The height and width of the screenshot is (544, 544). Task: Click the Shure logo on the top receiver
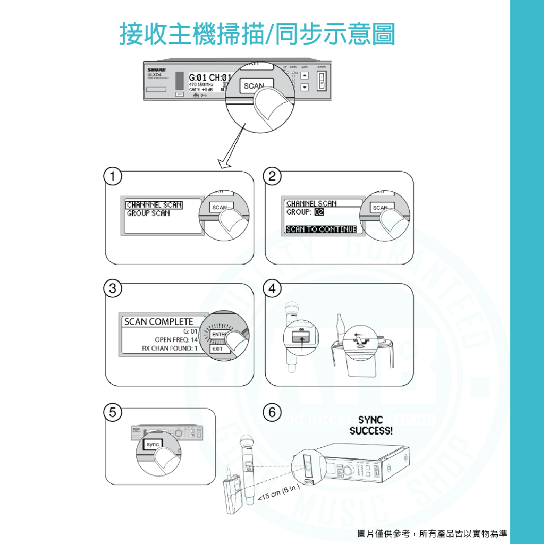tap(155, 70)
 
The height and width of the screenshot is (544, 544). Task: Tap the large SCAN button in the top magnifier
tap(254, 86)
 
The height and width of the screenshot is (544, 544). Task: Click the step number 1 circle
tap(112, 176)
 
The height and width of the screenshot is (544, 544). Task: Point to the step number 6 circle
tap(272, 411)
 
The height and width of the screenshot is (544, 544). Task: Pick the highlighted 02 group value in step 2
tap(319, 212)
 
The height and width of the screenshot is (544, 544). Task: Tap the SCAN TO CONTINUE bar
tap(321, 229)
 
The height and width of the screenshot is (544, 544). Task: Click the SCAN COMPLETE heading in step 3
tap(158, 322)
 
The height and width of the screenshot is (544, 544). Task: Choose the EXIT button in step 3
tap(218, 349)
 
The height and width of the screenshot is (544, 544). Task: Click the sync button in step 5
tap(153, 445)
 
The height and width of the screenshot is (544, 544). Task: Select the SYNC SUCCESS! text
tap(371, 426)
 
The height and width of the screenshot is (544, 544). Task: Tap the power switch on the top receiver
tap(322, 79)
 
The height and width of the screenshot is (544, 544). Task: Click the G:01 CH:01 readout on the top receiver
tap(210, 77)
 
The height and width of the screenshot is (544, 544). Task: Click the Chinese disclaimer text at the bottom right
tap(433, 533)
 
